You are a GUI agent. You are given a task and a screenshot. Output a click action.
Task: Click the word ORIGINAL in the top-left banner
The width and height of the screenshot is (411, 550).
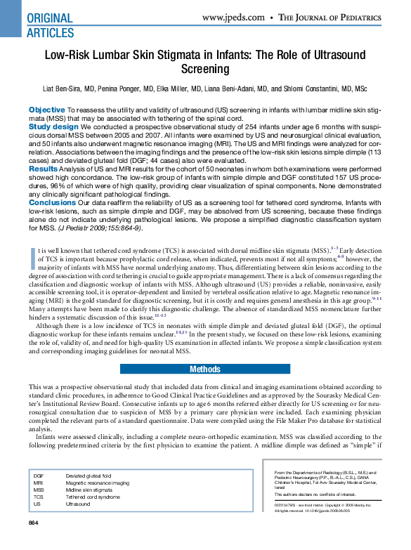click(x=49, y=18)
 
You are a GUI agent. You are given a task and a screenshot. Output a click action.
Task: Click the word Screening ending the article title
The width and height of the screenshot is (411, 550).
click(x=205, y=69)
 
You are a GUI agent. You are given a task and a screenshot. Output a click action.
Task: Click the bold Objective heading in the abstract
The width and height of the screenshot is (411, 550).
click(x=46, y=110)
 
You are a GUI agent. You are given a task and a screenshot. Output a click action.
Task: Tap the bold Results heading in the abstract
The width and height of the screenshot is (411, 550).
click(x=43, y=169)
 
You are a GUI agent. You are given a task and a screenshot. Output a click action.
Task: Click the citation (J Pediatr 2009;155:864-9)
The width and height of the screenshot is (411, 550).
click(x=104, y=228)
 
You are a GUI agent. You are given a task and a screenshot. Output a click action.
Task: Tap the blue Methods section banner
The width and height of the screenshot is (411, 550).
click(x=205, y=369)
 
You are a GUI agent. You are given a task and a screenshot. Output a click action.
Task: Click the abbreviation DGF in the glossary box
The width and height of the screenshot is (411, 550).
click(x=39, y=476)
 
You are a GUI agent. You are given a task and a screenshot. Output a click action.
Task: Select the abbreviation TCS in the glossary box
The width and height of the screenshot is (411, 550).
click(x=38, y=497)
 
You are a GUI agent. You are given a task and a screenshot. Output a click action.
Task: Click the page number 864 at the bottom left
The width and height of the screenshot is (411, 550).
click(x=33, y=523)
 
